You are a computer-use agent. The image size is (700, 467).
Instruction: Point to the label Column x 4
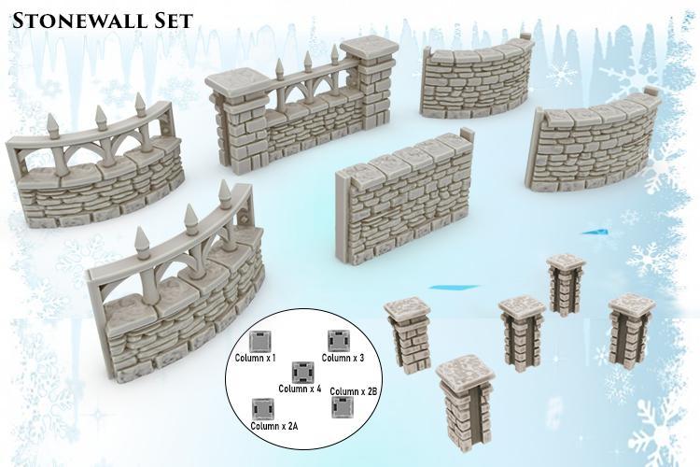[x=300, y=388]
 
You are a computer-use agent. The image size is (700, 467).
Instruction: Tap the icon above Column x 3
[x=336, y=340]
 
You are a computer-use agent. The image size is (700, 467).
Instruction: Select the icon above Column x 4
[x=302, y=372]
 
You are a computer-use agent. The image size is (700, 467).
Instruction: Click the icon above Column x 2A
[x=263, y=408]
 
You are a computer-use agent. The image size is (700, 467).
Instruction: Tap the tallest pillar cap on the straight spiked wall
[x=370, y=49]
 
